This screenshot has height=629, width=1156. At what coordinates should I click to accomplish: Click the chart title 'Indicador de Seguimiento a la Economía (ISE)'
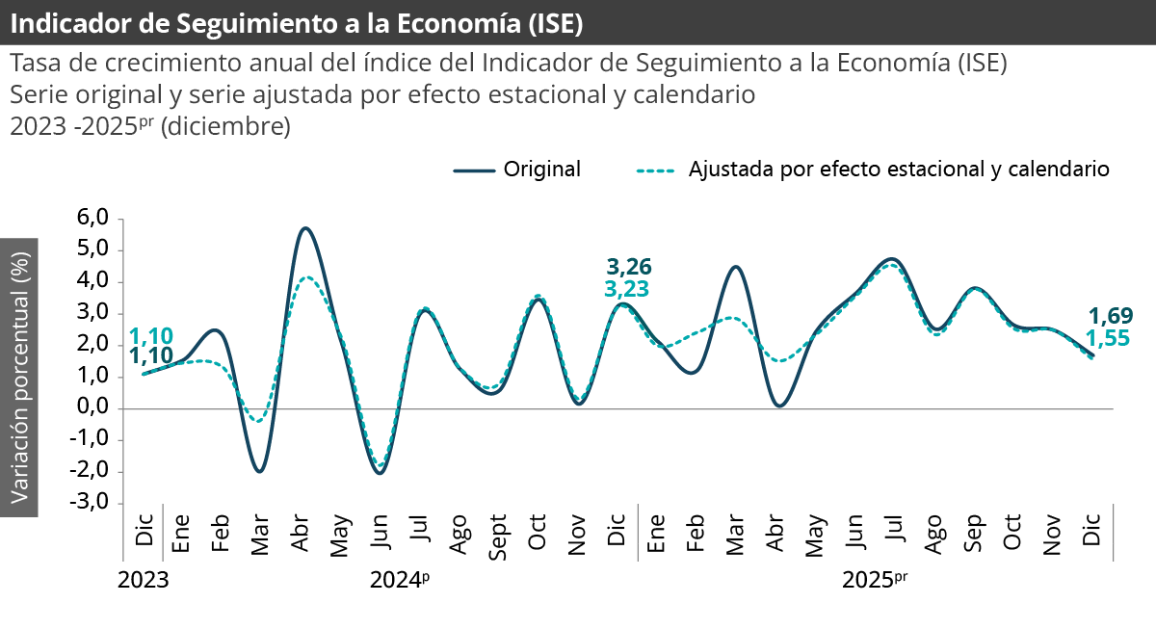point(297,22)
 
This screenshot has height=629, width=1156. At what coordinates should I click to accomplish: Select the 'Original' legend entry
point(541,170)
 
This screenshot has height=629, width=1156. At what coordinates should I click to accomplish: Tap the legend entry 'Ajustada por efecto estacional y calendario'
point(899,170)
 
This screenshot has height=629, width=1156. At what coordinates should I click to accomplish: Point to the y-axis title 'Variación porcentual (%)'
point(19,377)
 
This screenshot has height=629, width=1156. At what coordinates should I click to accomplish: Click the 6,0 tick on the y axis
point(94,219)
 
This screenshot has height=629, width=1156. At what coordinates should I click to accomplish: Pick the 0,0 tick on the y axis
point(94,408)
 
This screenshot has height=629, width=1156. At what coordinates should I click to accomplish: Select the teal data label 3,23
point(626,288)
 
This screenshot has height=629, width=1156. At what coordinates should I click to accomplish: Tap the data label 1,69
point(1110,315)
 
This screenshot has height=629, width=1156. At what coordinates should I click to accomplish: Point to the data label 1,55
point(1108,337)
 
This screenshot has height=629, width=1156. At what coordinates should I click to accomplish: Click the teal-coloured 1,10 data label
point(151,335)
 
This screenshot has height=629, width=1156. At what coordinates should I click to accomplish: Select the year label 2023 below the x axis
point(143,581)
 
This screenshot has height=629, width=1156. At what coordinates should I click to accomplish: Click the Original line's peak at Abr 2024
point(305,228)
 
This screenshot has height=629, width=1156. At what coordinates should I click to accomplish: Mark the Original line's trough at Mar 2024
point(259,471)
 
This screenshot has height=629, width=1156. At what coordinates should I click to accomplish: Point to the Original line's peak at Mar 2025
point(735,267)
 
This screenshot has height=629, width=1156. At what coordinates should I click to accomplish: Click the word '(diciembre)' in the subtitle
point(225,126)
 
